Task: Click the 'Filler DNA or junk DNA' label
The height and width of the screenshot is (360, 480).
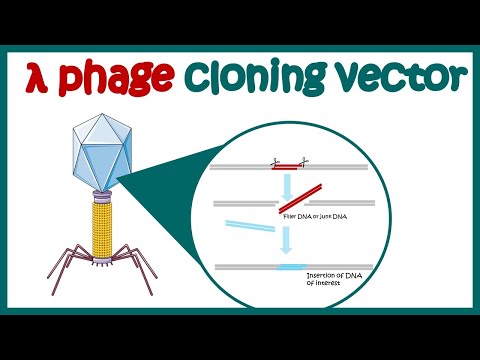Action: (x=307, y=215)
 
